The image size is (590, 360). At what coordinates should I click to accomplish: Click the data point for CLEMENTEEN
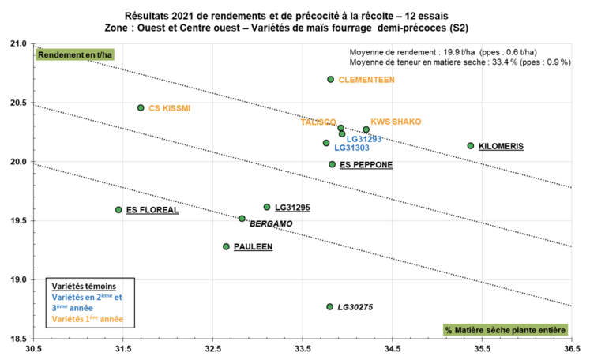(330, 79)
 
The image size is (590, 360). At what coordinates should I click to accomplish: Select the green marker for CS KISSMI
(141, 107)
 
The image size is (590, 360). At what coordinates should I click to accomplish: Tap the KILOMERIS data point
(471, 145)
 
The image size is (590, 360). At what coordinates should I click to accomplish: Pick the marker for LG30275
(329, 306)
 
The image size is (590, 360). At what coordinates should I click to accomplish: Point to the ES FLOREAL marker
(118, 210)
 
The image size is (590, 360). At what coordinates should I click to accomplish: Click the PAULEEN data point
(226, 246)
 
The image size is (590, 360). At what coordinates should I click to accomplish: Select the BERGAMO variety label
(271, 224)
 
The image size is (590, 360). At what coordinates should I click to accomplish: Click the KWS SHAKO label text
(396, 122)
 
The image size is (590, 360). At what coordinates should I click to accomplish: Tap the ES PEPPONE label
(366, 165)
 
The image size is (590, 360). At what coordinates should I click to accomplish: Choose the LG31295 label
(292, 208)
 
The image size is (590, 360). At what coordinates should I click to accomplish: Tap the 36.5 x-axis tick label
(571, 347)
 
